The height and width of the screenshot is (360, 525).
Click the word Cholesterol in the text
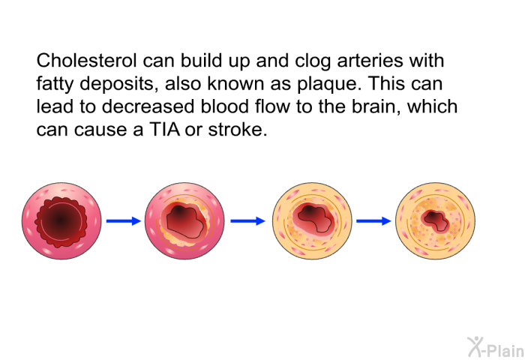pos(86,61)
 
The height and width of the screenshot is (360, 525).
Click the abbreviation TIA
pos(165,130)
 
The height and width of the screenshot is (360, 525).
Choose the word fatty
pos(55,84)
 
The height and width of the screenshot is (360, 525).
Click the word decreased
pos(148,106)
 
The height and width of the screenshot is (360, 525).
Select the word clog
pos(313,61)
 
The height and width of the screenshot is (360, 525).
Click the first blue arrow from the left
pos(124,221)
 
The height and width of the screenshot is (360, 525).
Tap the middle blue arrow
pos(247,221)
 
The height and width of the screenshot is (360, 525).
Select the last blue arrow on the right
pos(373,221)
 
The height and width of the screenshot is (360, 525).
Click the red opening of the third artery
pos(313,218)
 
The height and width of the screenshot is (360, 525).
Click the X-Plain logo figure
pos(475,346)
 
